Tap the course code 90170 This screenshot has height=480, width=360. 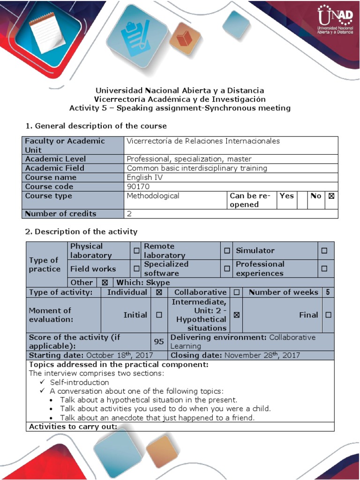pyautogui.click(x=137, y=187)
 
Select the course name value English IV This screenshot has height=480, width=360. pyautogui.click(x=139, y=177)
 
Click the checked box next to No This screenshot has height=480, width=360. pyautogui.click(x=331, y=196)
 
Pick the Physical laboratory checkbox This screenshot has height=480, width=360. pyautogui.click(x=136, y=251)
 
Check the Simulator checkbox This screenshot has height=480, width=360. pyautogui.click(x=324, y=251)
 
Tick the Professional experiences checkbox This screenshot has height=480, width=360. pyautogui.click(x=324, y=269)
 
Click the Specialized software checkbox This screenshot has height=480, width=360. pyautogui.click(x=227, y=269)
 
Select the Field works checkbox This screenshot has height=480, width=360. pyautogui.click(x=136, y=269)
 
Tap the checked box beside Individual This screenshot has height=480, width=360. pyautogui.click(x=159, y=292)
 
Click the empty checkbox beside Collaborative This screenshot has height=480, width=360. pyautogui.click(x=237, y=292)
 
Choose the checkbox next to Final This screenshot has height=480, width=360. pyautogui.click(x=328, y=315)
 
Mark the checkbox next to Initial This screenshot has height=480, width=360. pyautogui.click(x=159, y=315)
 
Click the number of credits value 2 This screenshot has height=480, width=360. pyautogui.click(x=129, y=214)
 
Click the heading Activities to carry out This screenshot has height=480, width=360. pyautogui.click(x=73, y=427)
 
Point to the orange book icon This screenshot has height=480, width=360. pyautogui.click(x=184, y=37)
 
